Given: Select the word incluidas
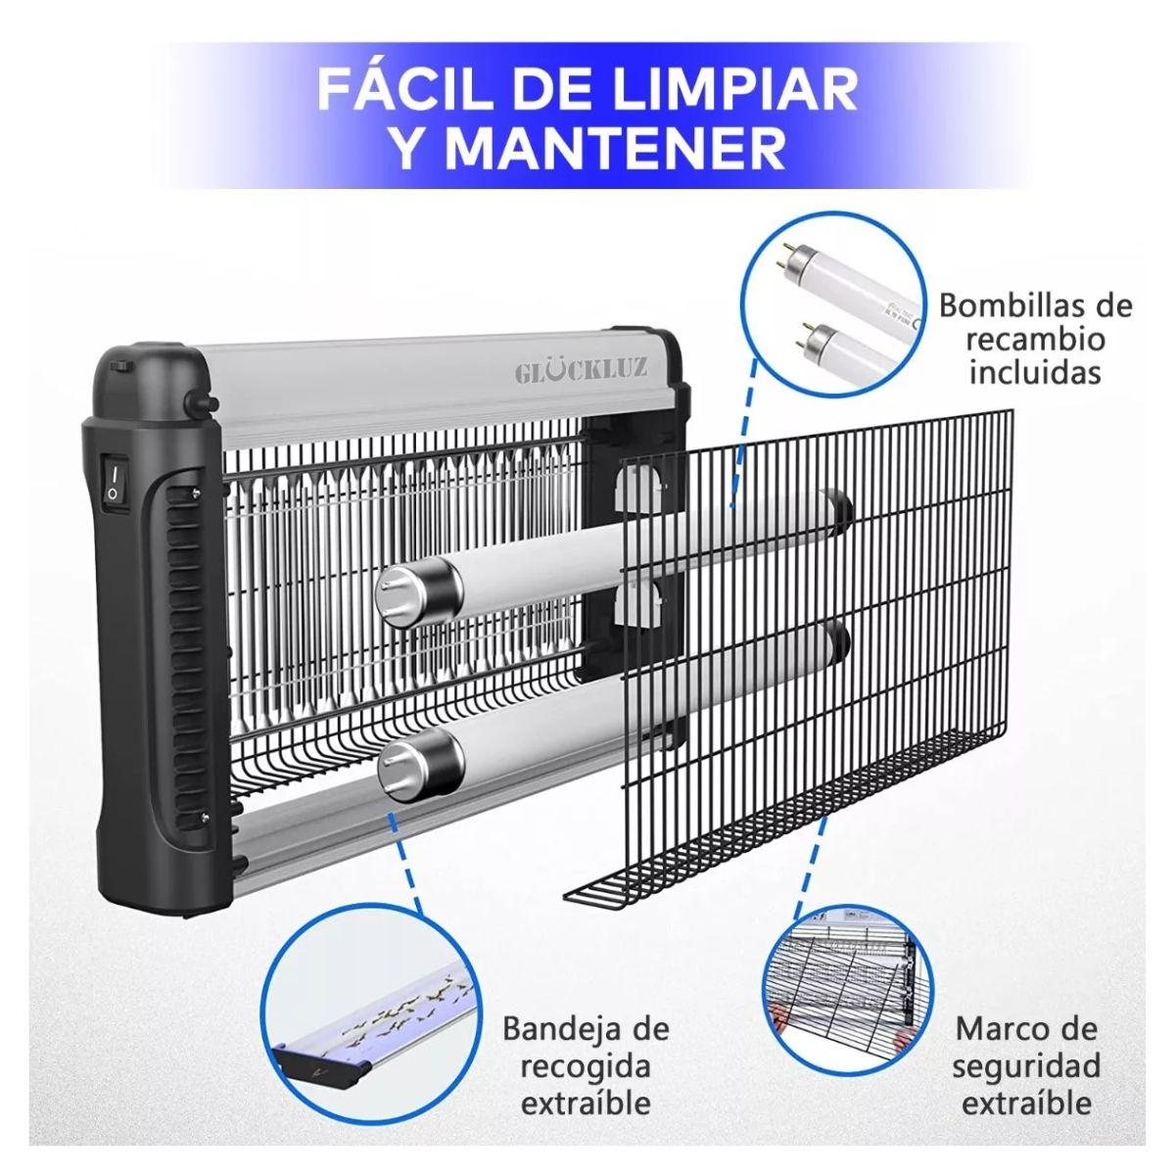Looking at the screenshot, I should point(1035,373).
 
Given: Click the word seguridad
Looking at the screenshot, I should point(1026,1065).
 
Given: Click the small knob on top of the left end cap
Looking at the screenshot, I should point(121,365).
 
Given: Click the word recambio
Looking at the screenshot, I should point(1035,339).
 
